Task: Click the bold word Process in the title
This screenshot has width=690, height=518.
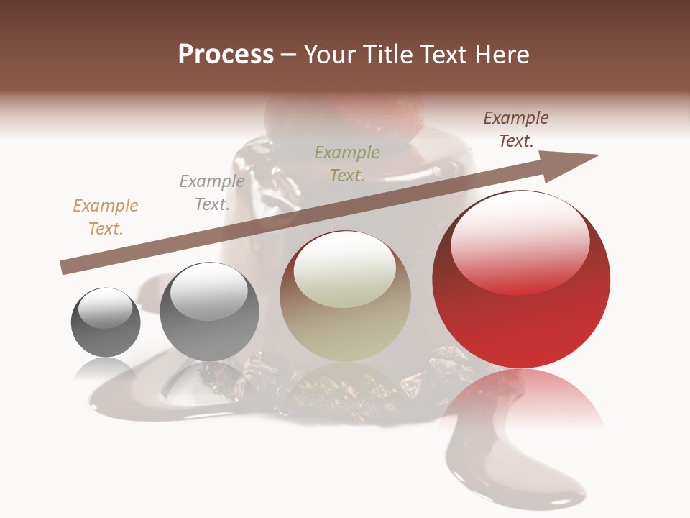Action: (x=226, y=55)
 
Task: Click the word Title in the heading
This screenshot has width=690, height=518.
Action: (x=383, y=55)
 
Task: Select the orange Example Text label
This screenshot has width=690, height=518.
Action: (x=105, y=217)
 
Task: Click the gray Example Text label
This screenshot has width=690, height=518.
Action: (x=211, y=193)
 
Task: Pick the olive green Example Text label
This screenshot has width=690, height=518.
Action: (x=347, y=163)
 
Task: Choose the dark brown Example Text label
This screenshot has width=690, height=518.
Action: (x=515, y=129)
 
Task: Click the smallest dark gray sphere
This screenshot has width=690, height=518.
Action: (x=106, y=324)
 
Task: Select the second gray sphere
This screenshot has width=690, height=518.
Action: (x=209, y=312)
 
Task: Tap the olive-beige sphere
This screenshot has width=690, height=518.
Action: (x=345, y=296)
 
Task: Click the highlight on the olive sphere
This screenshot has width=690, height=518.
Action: (x=344, y=270)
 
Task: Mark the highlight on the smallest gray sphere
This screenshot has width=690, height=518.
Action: (x=105, y=309)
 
